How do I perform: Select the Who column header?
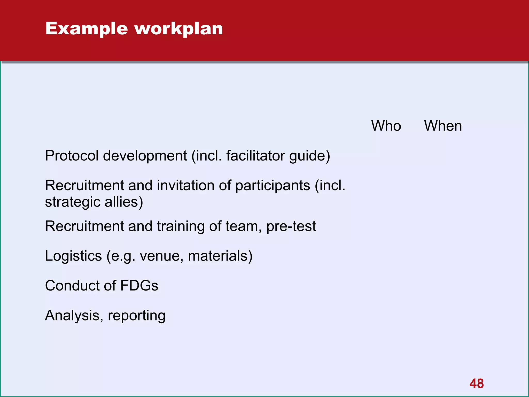point(386,126)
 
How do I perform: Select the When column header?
point(443,126)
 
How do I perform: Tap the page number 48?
point(477,384)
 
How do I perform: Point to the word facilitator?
point(255,156)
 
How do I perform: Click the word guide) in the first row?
point(310,156)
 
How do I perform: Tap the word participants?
point(273,186)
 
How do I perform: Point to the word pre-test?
point(291,226)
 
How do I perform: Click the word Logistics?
point(73,256)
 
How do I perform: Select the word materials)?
point(220,256)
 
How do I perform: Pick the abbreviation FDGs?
point(139,286)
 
